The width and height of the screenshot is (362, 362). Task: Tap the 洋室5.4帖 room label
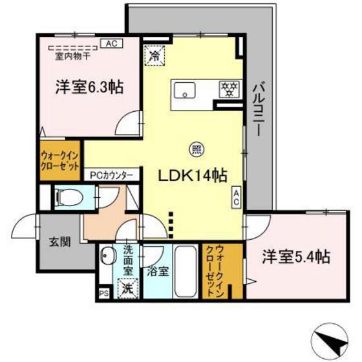click(x=296, y=257)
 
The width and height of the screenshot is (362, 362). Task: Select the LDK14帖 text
click(x=193, y=175)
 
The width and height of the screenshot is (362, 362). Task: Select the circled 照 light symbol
click(x=194, y=149)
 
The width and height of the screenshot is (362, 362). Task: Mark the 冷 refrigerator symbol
click(x=154, y=55)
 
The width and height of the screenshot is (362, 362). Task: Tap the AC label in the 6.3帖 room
click(x=111, y=44)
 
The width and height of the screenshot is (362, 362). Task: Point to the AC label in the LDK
click(x=236, y=197)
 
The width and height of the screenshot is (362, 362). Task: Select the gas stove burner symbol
click(x=228, y=89)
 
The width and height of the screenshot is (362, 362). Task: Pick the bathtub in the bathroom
click(x=186, y=271)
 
